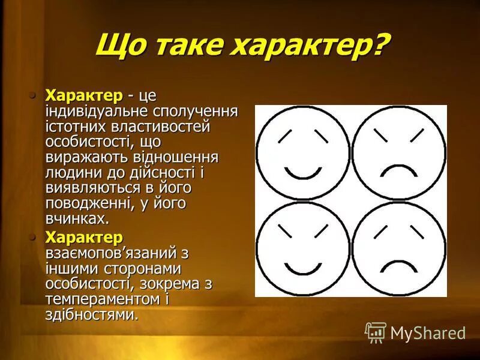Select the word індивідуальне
click(x=95, y=111)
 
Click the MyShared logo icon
click(x=376, y=332)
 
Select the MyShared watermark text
click(x=428, y=333)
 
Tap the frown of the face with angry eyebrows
click(x=398, y=170)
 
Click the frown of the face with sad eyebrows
click(x=398, y=265)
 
